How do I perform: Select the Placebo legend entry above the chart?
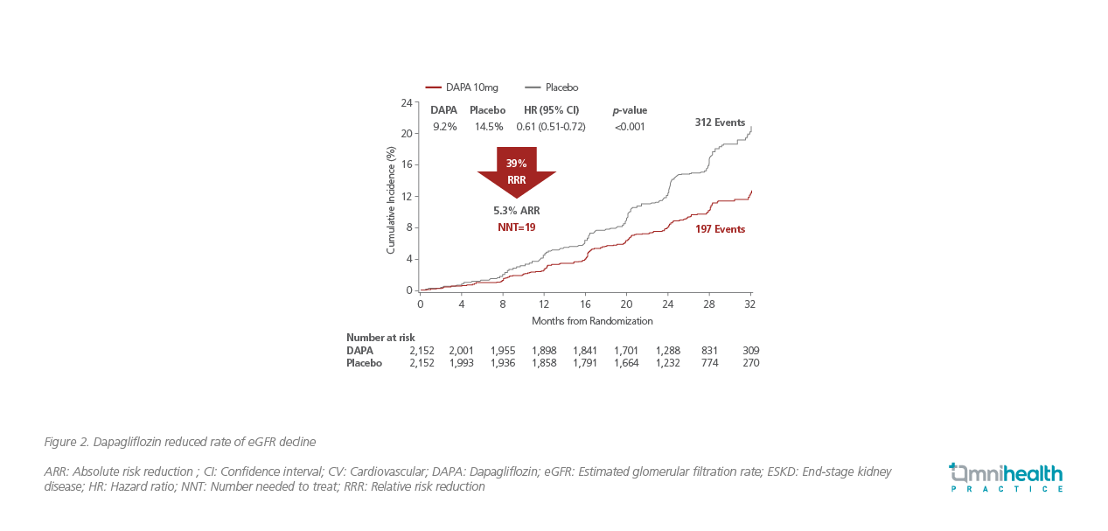pos(552,87)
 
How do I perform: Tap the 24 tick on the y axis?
pos(406,103)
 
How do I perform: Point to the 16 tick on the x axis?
pos(585,304)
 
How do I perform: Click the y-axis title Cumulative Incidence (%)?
pos(391,199)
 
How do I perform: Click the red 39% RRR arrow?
pos(516,170)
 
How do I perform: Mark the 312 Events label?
pos(720,122)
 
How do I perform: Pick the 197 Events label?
pos(720,229)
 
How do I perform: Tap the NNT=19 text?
pos(516,227)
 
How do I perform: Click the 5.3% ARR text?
pos(516,211)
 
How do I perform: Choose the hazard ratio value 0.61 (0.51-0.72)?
pos(551,127)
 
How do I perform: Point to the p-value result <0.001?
pos(630,127)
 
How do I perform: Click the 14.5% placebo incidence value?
pos(488,127)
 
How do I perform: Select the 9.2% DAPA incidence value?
pos(444,127)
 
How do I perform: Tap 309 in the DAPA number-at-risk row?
pos(749,351)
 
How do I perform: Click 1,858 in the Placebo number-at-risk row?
pos(544,363)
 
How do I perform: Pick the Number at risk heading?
pos(380,338)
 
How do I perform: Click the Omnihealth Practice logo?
pos(1007,477)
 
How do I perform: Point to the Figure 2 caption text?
pos(179,441)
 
